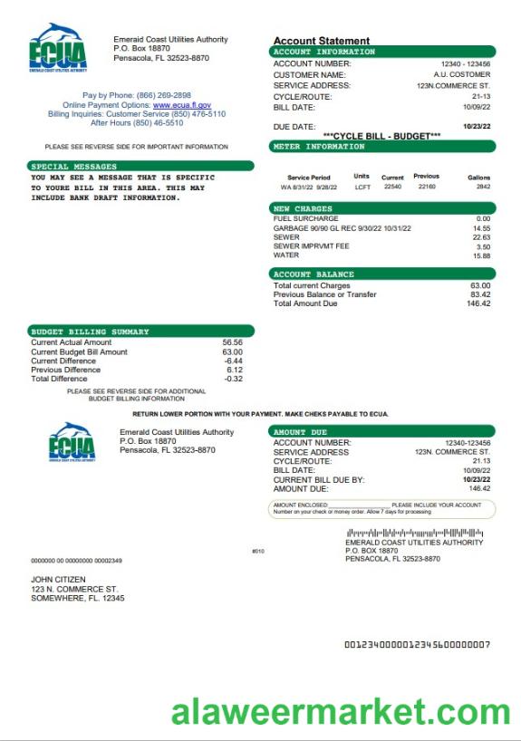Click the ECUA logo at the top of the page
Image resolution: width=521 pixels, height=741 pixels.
pos(58,47)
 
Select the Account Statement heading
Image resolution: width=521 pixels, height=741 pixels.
pos(322,41)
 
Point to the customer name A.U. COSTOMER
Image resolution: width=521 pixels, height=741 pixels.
pos(461,74)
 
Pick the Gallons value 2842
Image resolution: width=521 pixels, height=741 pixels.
pos(483,187)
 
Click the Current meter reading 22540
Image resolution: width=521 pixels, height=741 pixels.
pos(392,187)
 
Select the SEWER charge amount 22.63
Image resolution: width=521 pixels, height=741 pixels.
pos(481,237)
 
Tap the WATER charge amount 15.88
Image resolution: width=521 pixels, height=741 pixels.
pos(481,256)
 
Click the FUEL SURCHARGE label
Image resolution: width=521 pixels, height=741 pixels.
pos(305,218)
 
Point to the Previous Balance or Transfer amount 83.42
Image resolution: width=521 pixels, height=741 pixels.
pos(480,294)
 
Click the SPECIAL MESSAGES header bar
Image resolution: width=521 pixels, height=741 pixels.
pos(140,167)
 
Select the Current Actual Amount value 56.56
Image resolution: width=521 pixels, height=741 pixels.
pos(232,342)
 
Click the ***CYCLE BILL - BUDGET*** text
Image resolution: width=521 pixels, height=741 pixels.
pos(381,135)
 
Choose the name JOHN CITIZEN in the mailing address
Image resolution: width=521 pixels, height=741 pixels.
pos(59,579)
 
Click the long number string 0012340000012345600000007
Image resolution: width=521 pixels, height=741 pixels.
pos(417,644)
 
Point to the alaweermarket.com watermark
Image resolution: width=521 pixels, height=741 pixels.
pos(342,714)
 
